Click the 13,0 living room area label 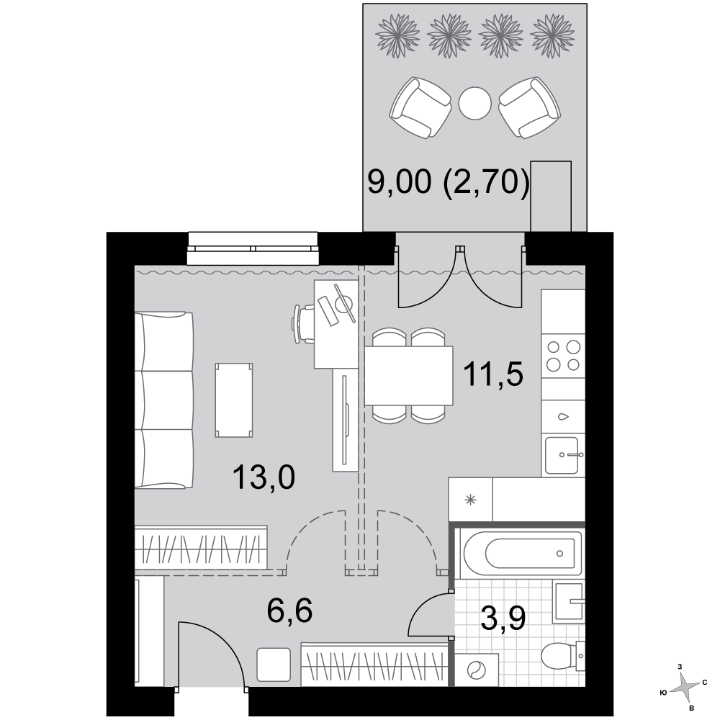264,477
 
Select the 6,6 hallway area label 289,611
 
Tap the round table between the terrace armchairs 474,103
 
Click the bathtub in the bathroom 523,553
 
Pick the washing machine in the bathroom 477,670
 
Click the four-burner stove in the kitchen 563,356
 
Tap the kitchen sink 564,454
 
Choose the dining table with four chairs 409,376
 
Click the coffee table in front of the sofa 234,400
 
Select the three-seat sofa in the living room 164,400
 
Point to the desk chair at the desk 304,324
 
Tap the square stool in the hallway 274,665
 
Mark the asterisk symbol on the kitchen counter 470,500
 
